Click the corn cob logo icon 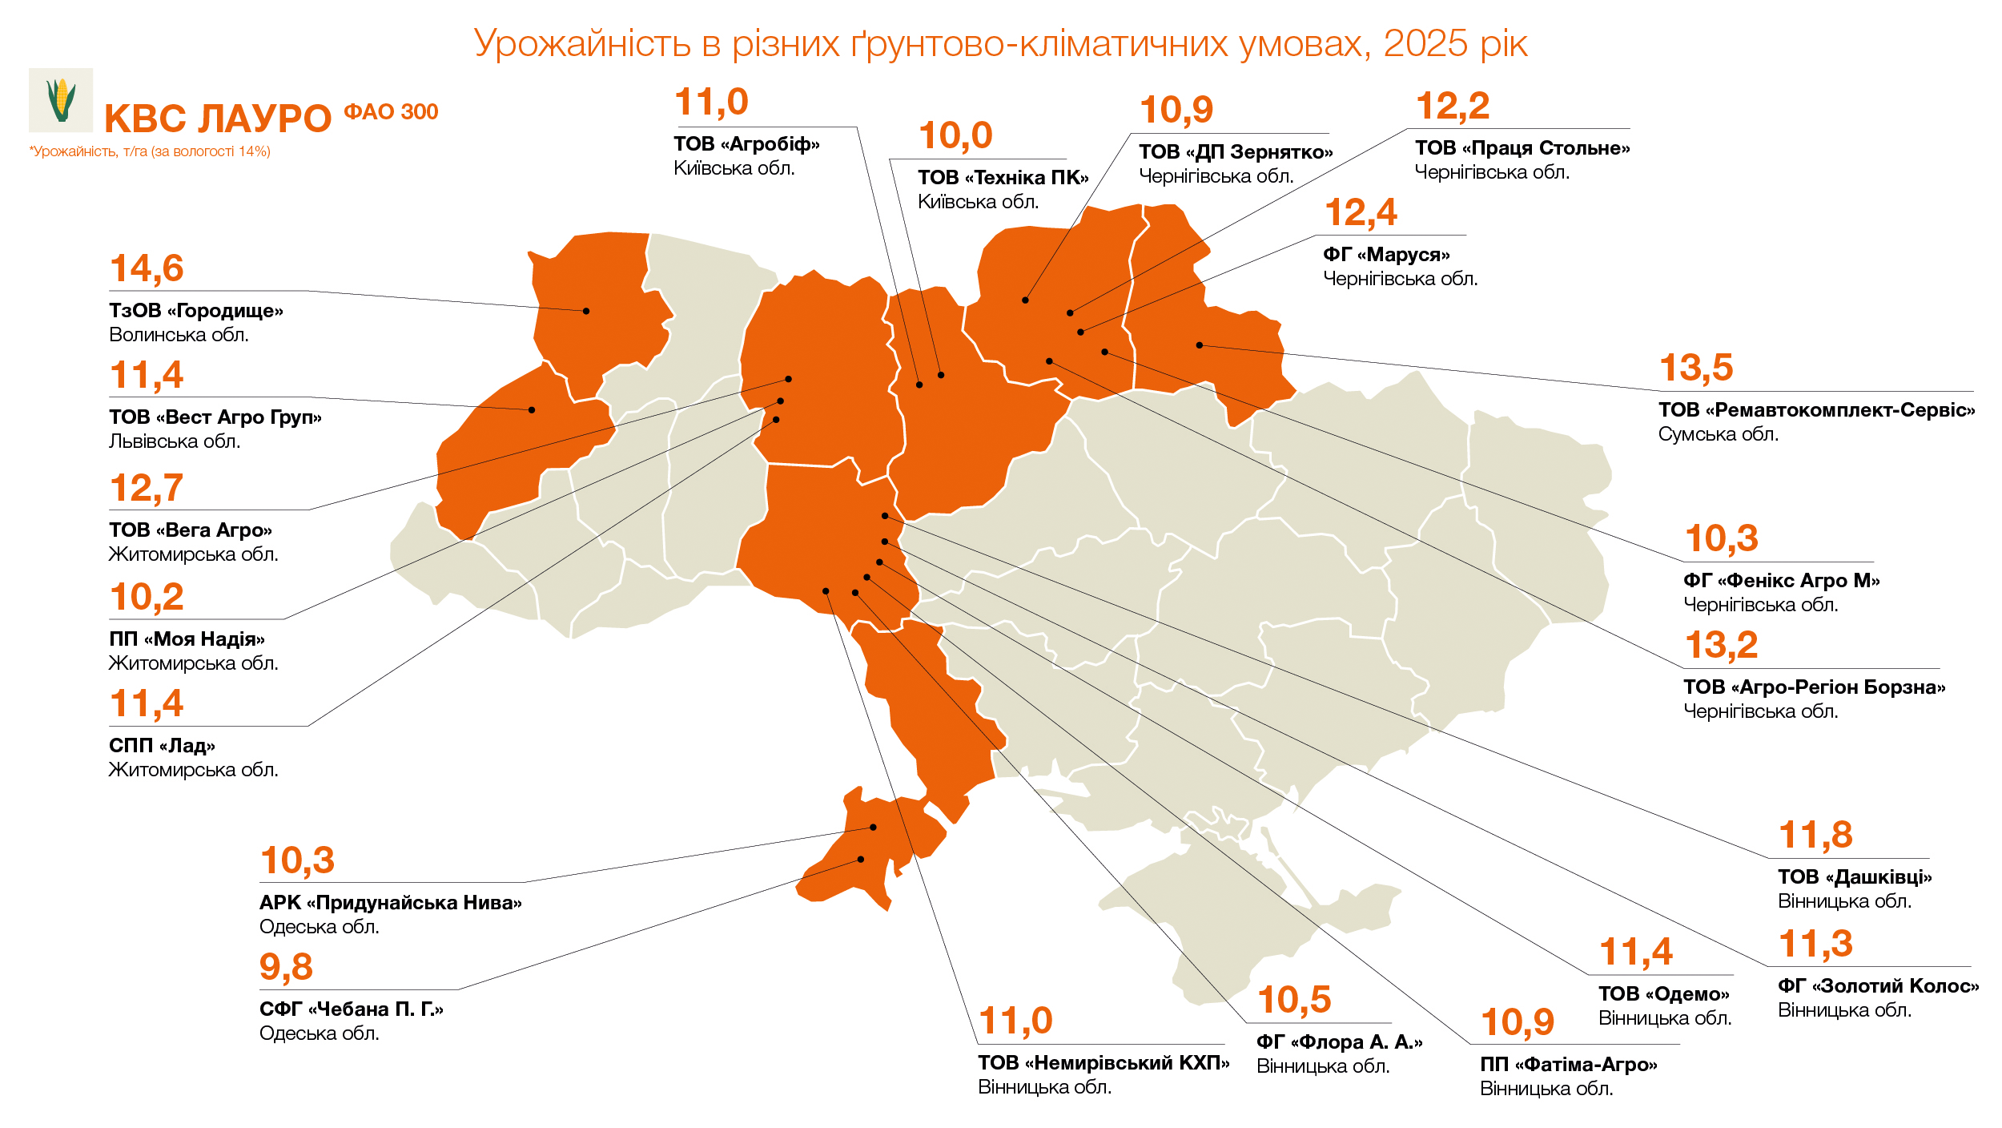click(61, 100)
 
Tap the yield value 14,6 click(147, 269)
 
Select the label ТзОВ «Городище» click(196, 311)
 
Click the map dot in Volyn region click(586, 311)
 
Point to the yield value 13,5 click(1696, 369)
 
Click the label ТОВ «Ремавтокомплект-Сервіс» click(1816, 410)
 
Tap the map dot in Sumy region click(1200, 345)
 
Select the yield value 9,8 click(286, 967)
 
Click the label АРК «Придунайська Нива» click(390, 903)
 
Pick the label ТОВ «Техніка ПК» click(1003, 178)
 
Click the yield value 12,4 click(1361, 213)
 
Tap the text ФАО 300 click(391, 112)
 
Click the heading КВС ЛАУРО click(218, 119)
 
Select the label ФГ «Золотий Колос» click(1878, 986)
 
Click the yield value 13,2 click(1721, 646)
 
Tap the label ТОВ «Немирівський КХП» click(1103, 1063)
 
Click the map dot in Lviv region click(532, 410)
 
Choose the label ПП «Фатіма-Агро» click(1568, 1065)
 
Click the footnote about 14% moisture click(150, 151)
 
